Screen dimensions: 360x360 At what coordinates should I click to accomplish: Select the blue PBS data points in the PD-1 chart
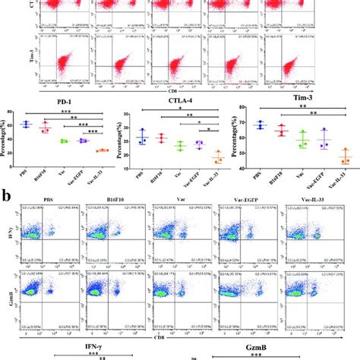[47, 123]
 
